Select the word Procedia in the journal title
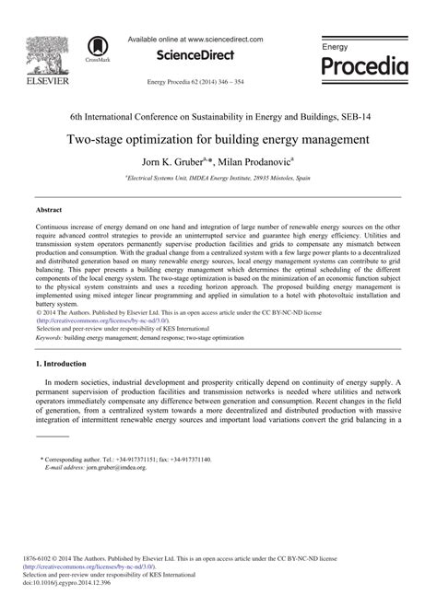pos(366,67)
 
